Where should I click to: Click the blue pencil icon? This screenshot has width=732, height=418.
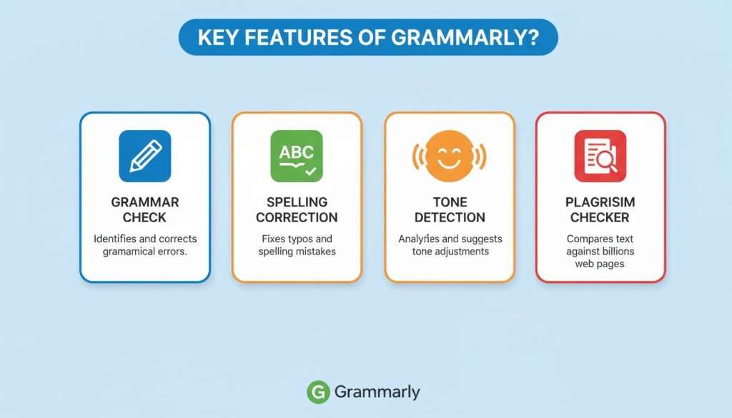[144, 156]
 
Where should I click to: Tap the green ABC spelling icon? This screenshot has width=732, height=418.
[297, 156]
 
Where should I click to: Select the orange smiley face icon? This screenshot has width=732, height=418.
[450, 156]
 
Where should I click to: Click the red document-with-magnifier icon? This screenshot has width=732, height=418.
[600, 156]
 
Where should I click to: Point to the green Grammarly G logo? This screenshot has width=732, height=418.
[318, 392]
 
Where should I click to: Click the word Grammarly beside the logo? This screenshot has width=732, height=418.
[377, 392]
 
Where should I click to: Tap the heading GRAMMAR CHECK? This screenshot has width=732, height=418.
[144, 209]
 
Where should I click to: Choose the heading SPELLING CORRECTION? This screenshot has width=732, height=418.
[297, 209]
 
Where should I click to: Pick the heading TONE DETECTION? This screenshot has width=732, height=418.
[450, 209]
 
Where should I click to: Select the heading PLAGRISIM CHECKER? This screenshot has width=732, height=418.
[600, 209]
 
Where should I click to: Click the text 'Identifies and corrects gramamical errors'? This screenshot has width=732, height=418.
[144, 244]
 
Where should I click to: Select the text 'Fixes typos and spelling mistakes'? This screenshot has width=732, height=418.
[297, 244]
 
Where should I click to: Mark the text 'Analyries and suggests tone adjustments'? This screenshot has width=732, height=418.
[450, 244]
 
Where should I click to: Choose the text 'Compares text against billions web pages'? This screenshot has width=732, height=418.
[600, 251]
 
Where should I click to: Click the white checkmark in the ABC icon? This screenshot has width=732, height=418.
[310, 171]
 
